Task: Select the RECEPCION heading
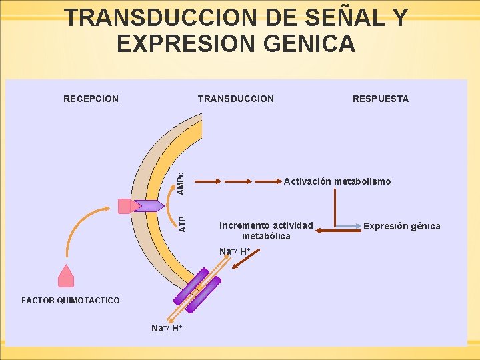(91, 99)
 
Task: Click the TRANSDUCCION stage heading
(235, 99)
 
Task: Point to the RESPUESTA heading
(381, 99)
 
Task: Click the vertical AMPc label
(181, 180)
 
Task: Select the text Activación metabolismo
(337, 181)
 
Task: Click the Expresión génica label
(401, 226)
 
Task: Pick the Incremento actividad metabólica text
(266, 231)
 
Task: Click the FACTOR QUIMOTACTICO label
(71, 301)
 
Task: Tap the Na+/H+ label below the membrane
(167, 328)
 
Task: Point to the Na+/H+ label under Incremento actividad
(235, 251)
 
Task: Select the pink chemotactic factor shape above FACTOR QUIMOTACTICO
(65, 280)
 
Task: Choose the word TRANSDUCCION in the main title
(159, 18)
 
